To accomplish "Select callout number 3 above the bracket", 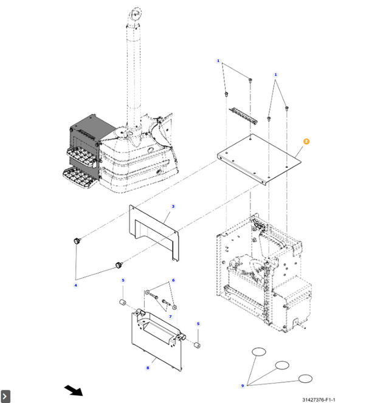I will point(173,207).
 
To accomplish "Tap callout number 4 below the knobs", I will point(76,285).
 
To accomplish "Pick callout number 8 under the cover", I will point(147,368).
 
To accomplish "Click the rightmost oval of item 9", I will point(305,379).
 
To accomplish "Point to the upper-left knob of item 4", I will point(77,242).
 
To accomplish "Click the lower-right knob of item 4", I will point(119,265).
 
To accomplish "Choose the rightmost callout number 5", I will point(198,323).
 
